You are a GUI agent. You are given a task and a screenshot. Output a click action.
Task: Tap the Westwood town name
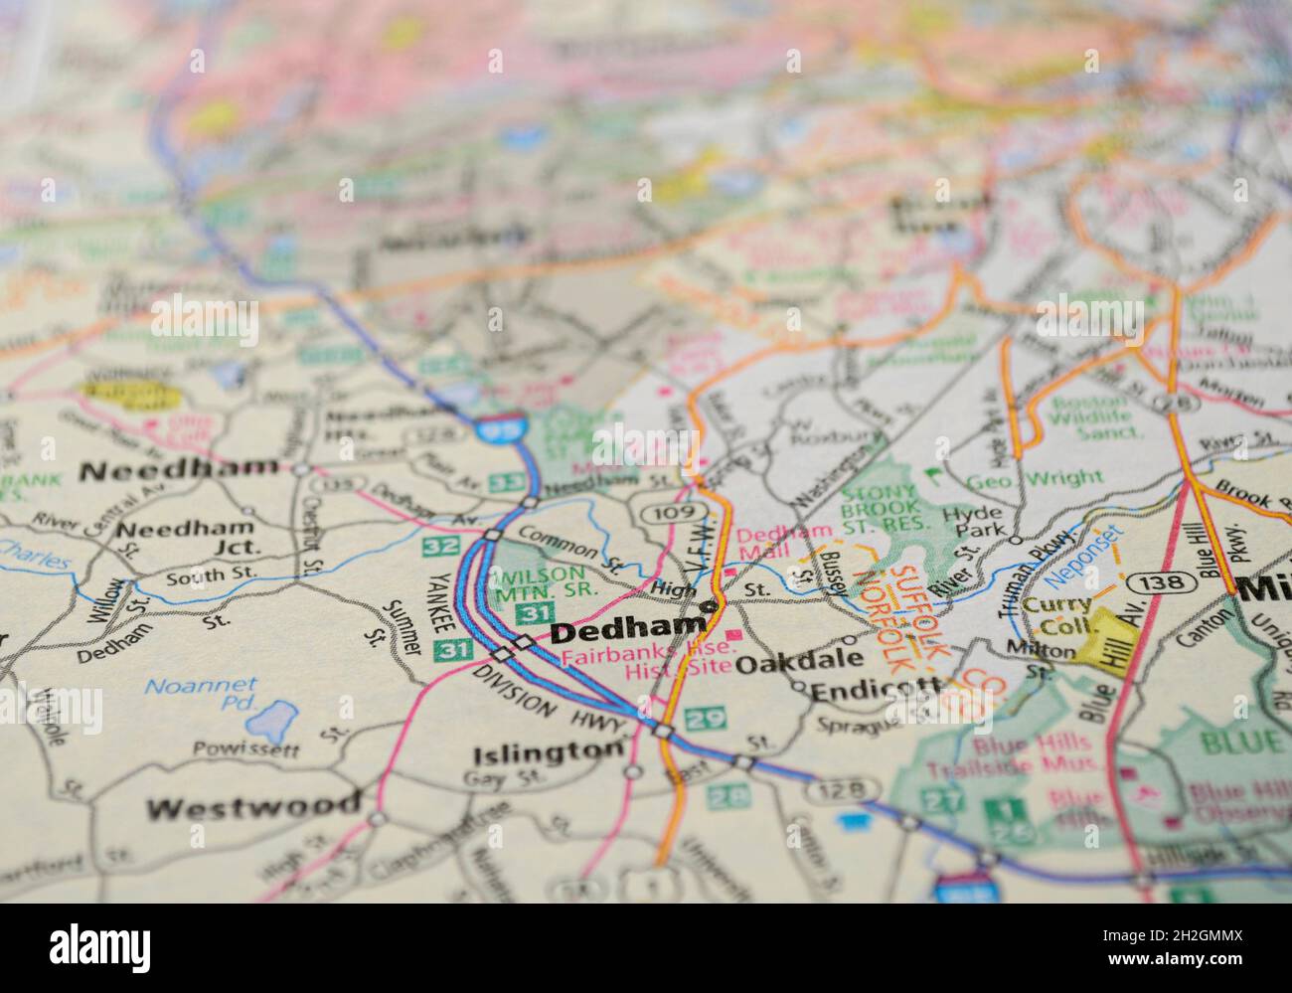(253, 807)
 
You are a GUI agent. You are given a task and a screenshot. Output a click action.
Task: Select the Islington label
(549, 752)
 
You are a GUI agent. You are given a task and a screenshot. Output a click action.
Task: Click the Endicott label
(876, 689)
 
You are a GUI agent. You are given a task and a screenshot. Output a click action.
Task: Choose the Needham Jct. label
(186, 536)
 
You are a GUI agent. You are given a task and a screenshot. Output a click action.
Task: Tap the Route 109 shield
(660, 512)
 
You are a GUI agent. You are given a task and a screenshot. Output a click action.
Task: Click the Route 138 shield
(1160, 580)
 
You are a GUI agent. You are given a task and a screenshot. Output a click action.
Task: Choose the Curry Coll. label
(1057, 615)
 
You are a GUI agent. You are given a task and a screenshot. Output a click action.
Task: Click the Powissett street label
(245, 748)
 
